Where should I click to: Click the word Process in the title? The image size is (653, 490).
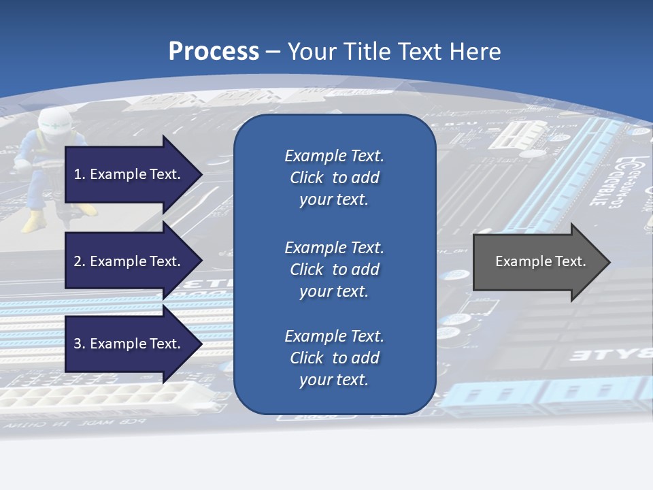(214, 52)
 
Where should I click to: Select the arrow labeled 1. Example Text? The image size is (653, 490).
(129, 174)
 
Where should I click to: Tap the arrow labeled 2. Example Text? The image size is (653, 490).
(129, 261)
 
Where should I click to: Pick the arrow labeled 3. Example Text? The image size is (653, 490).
(129, 344)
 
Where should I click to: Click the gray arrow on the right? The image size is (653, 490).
(537, 262)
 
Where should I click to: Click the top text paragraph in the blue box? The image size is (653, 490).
(334, 178)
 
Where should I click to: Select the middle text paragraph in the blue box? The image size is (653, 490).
(334, 269)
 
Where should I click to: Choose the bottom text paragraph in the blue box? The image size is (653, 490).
(334, 358)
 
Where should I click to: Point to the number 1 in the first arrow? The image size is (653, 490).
(78, 174)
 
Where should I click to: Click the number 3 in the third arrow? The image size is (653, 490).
(78, 344)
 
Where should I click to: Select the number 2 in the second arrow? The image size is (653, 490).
(78, 261)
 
